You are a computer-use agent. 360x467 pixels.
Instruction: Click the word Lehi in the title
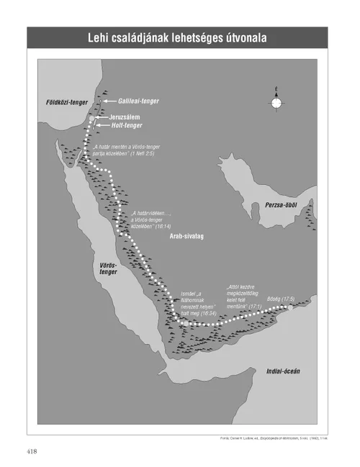[x=101, y=37]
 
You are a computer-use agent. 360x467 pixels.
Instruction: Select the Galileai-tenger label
[x=134, y=102]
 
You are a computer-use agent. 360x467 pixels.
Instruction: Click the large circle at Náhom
[x=186, y=325]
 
